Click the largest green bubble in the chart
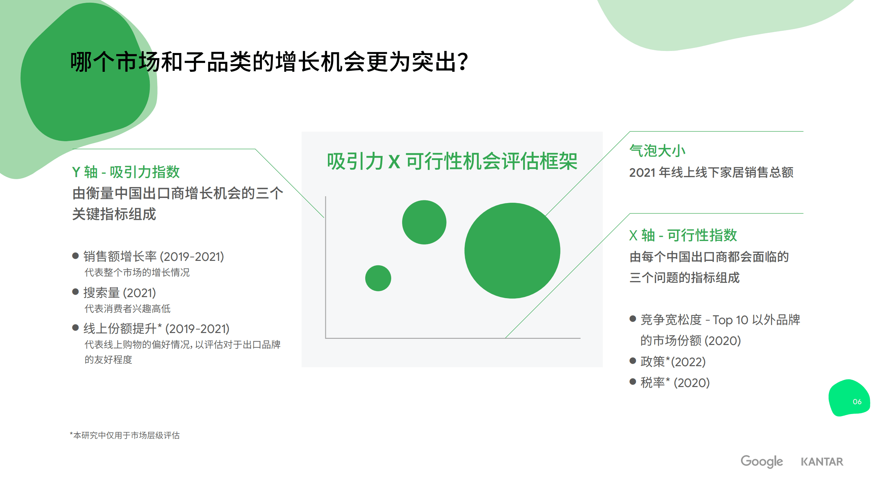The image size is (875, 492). pyautogui.click(x=512, y=251)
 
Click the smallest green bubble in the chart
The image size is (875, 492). pyautogui.click(x=378, y=278)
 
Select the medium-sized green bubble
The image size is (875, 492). pyautogui.click(x=424, y=222)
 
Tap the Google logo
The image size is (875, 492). pyautogui.click(x=761, y=461)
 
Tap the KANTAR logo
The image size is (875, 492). pyautogui.click(x=822, y=462)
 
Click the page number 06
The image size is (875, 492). pyautogui.click(x=857, y=402)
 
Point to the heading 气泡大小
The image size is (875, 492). pyautogui.click(x=657, y=151)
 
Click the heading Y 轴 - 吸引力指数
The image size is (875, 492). pyautogui.click(x=126, y=172)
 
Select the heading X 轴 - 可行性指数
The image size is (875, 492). pyautogui.click(x=683, y=235)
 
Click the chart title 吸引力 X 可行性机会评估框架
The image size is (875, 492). pyautogui.click(x=452, y=161)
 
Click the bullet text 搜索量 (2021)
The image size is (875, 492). pyautogui.click(x=120, y=293)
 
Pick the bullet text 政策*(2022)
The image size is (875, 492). pyautogui.click(x=673, y=361)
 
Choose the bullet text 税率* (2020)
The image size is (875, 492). pyautogui.click(x=675, y=383)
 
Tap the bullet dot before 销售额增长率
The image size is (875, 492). pyautogui.click(x=76, y=256)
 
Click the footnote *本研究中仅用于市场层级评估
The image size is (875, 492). pyautogui.click(x=125, y=435)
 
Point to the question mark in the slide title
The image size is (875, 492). pyautogui.click(x=463, y=62)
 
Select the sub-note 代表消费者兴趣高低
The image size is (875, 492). pyautogui.click(x=128, y=309)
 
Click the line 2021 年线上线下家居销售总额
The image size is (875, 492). pyautogui.click(x=711, y=172)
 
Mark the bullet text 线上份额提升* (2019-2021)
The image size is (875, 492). pyautogui.click(x=156, y=329)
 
